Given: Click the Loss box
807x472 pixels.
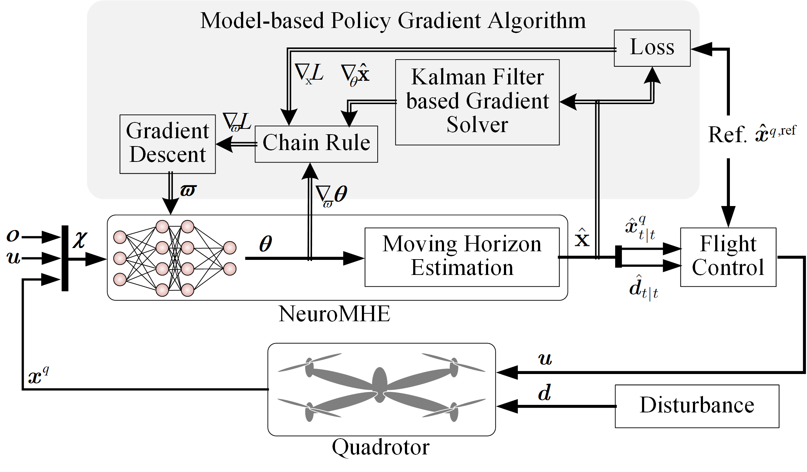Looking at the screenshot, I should click(x=652, y=48).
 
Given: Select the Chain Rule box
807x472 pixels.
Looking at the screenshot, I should click(x=316, y=144).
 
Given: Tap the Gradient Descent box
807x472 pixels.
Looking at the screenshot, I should click(x=167, y=144).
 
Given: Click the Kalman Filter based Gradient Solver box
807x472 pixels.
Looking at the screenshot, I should click(x=477, y=102).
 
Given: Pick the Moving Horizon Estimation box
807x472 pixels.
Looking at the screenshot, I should click(x=462, y=257).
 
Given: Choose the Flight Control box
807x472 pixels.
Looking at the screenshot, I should click(x=728, y=257).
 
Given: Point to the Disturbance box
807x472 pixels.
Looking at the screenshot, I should click(x=697, y=406).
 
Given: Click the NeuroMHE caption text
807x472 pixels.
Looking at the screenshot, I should click(x=334, y=314).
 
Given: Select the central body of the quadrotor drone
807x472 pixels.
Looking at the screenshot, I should click(x=379, y=384).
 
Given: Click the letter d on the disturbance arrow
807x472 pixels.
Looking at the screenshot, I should click(x=544, y=393).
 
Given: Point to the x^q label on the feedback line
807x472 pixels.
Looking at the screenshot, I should click(x=38, y=376).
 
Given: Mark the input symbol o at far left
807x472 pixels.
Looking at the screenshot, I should click(x=13, y=235).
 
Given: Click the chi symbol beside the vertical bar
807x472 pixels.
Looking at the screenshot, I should click(x=80, y=239).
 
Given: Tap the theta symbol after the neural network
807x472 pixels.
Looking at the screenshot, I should click(x=265, y=244).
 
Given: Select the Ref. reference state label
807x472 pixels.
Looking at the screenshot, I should click(x=751, y=135).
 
